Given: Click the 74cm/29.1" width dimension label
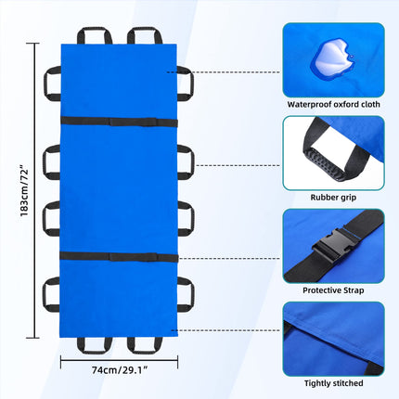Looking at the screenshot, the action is pyautogui.click(x=119, y=370).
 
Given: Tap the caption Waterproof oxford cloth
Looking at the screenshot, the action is pyautogui.click(x=333, y=104).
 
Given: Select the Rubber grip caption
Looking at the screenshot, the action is pyautogui.click(x=333, y=198).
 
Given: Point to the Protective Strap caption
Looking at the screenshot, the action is pyautogui.click(x=333, y=290).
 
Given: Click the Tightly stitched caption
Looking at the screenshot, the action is pyautogui.click(x=333, y=383).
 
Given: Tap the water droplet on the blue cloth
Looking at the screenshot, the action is pyautogui.click(x=333, y=56).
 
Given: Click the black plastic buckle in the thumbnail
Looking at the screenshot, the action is pyautogui.click(x=333, y=243).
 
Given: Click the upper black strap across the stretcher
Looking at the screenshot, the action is pyautogui.click(x=119, y=122).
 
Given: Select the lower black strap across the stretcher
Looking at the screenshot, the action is pyautogui.click(x=119, y=257).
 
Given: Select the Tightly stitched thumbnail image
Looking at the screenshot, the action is pyautogui.click(x=333, y=339).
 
